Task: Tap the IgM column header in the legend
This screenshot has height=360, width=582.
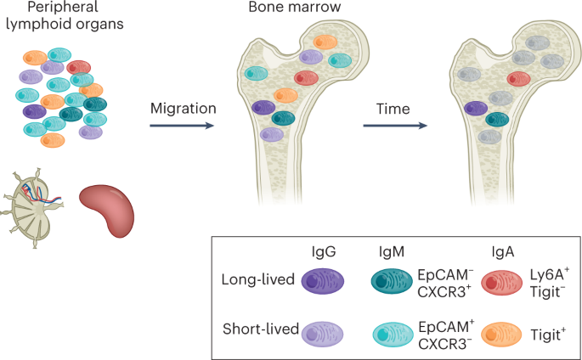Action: [x=393, y=253]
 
